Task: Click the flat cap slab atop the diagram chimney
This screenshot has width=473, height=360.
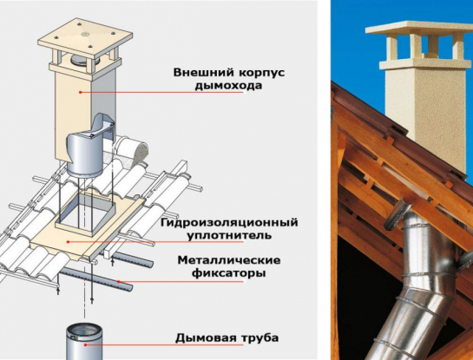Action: tap(84, 36)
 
